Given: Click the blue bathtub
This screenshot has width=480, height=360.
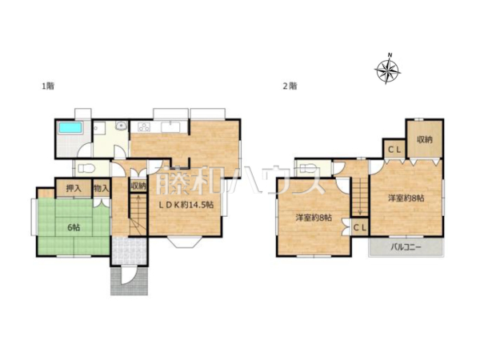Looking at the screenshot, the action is (x=71, y=128).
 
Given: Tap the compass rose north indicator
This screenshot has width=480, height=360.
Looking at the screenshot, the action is (x=387, y=70).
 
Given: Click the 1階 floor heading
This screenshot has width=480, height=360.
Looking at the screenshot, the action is (x=48, y=86).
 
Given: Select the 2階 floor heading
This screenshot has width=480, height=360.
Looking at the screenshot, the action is (x=290, y=86).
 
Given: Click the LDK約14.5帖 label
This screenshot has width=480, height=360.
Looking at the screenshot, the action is (x=186, y=205).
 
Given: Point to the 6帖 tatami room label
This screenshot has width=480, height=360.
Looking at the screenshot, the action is (x=74, y=227).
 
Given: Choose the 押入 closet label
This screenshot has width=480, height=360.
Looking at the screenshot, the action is (x=74, y=189).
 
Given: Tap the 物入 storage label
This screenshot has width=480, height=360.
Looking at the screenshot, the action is (x=102, y=189).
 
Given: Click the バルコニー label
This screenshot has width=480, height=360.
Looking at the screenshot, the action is (x=406, y=246).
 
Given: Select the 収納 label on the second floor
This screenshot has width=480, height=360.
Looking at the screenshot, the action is (x=425, y=140).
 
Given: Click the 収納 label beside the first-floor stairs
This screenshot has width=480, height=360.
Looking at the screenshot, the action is (x=138, y=186).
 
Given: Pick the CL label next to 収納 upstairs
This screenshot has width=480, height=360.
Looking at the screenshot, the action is (x=394, y=150).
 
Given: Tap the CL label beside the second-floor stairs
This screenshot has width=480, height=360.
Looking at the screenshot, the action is (x=360, y=228).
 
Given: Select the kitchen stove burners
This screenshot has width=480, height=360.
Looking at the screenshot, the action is (x=144, y=126).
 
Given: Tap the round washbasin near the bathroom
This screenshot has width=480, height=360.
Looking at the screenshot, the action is (x=122, y=126).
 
